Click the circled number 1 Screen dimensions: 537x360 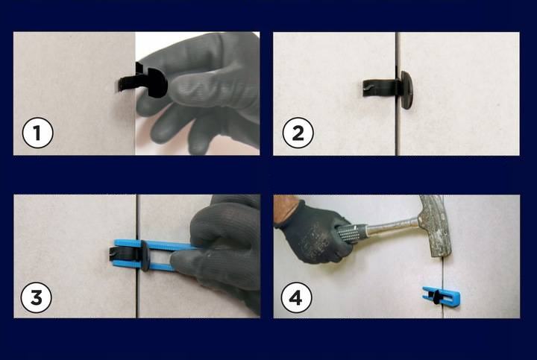point(37,133)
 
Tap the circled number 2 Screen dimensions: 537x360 point(298,133)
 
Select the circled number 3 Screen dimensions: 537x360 point(37,297)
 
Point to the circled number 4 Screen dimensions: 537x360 point(296,297)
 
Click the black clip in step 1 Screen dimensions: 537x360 point(144,81)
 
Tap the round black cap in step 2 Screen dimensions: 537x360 point(407,90)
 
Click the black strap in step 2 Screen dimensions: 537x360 point(381,87)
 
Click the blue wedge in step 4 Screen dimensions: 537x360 point(441,296)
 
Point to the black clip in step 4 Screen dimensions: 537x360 point(436,297)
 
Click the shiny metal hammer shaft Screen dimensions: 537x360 point(394,227)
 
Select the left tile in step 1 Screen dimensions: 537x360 point(74,93)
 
